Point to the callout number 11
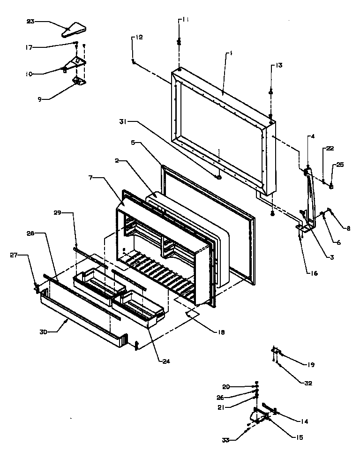[186, 20]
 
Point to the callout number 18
[220, 332]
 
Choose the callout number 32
[307, 383]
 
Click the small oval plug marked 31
[219, 177]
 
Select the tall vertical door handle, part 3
[310, 197]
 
